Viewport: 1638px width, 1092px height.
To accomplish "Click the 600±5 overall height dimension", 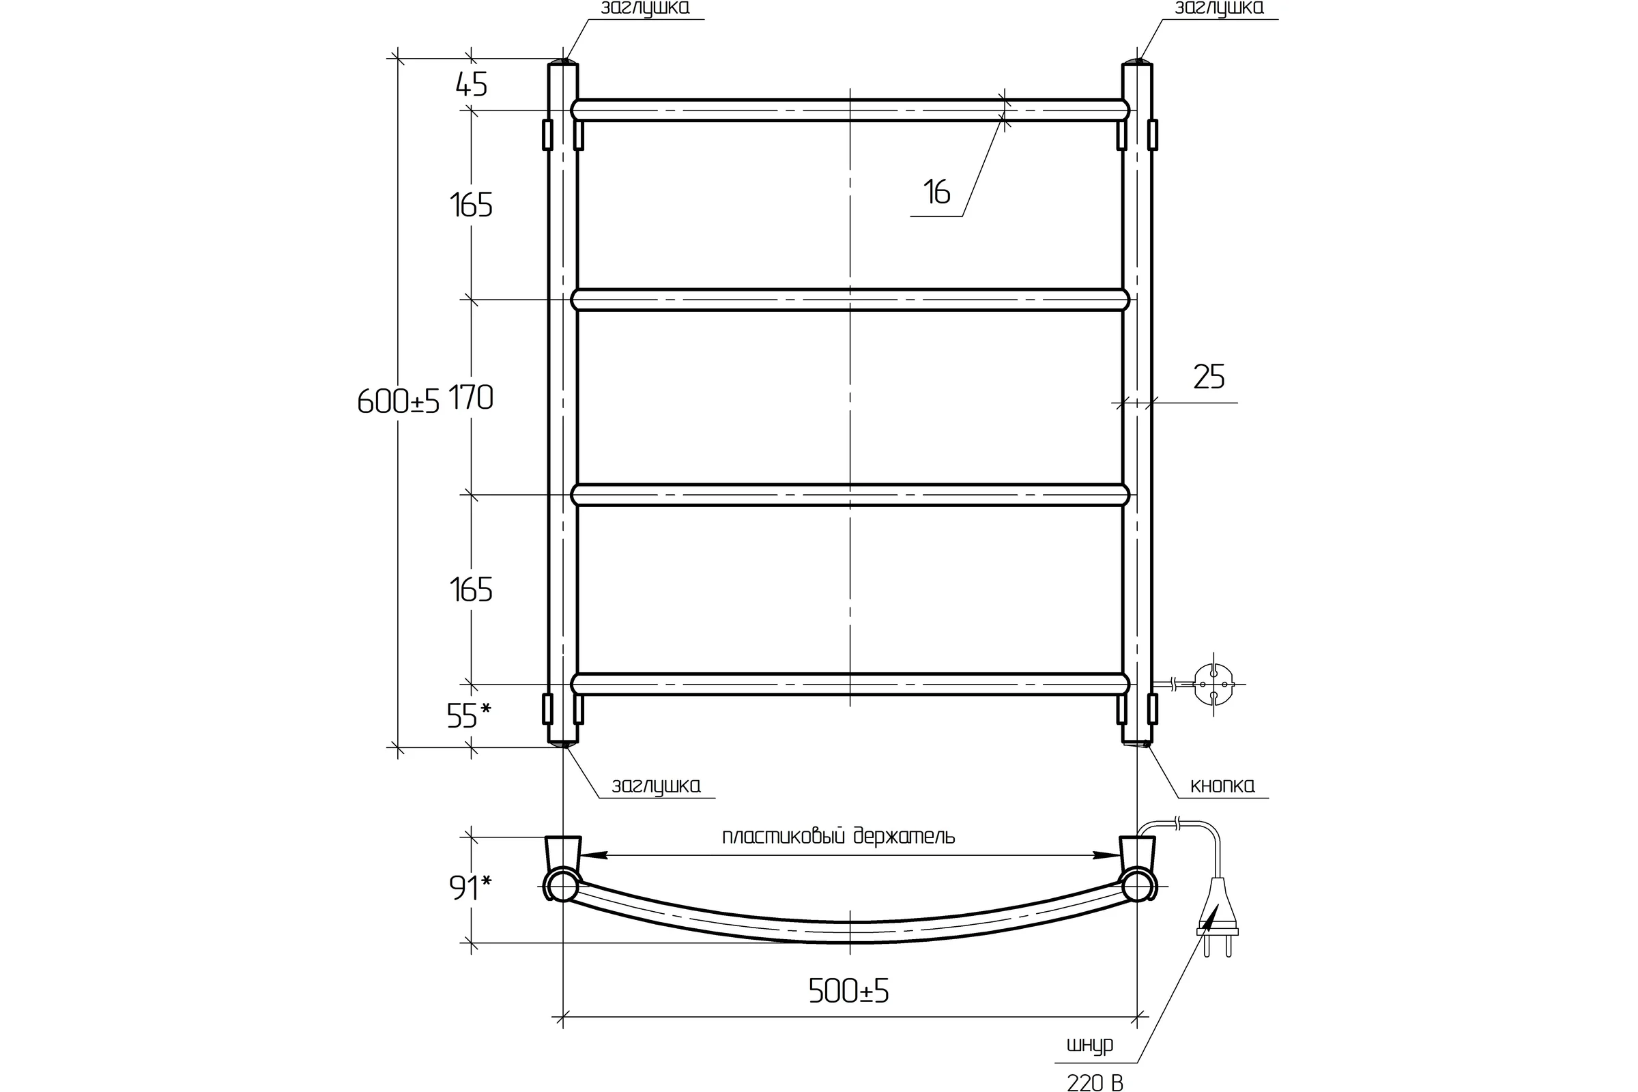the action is click(399, 401).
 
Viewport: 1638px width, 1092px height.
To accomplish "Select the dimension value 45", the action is click(472, 85).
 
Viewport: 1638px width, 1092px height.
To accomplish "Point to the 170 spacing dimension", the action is click(471, 398).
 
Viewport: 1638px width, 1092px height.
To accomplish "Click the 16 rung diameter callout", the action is click(936, 192).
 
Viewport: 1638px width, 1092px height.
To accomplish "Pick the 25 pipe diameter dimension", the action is click(1209, 377).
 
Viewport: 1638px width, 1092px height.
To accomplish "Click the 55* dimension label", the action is click(469, 716).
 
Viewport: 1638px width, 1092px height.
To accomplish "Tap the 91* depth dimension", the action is click(470, 888).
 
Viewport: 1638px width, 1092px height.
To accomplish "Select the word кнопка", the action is click(1222, 786).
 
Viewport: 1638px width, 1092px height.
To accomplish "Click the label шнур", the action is click(1090, 1046).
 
